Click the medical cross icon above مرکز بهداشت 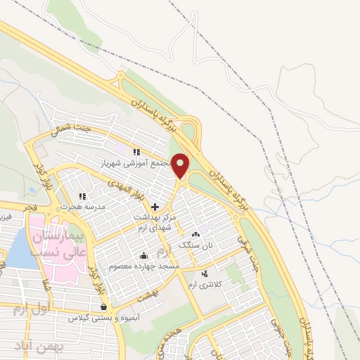pos(155,207)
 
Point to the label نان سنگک pos(195,245)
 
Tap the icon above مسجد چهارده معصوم pos(144,256)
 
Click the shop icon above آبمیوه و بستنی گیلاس pos(104,307)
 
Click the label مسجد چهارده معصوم pos(144,266)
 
